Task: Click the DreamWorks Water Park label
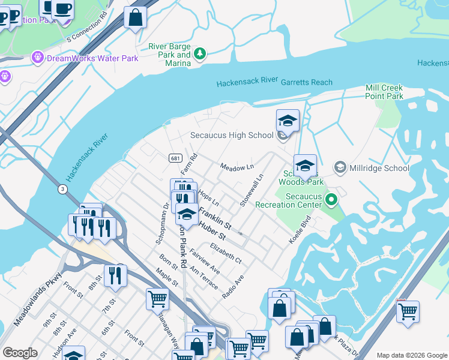tap(92, 58)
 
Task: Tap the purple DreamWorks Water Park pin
tap(37, 58)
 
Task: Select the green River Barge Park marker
tap(200, 55)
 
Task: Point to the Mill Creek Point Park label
tap(384, 92)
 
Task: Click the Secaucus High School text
tap(232, 135)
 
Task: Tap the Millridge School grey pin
tap(340, 167)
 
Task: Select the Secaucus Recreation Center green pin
tap(330, 199)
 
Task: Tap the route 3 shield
tap(63, 190)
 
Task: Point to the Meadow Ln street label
tap(237, 166)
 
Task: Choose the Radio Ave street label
tap(233, 287)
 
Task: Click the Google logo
tap(20, 353)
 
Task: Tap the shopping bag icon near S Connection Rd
tap(136, 17)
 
